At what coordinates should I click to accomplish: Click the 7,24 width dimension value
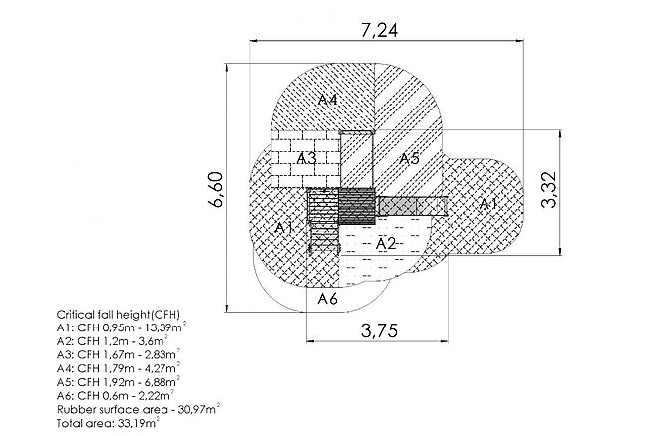click(x=380, y=30)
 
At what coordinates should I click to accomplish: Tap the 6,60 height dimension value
click(x=216, y=189)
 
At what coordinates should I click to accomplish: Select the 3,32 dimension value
click(x=550, y=189)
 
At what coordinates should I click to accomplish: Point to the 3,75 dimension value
click(x=380, y=330)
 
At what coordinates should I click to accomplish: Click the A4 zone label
click(x=327, y=99)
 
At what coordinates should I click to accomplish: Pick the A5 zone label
click(x=409, y=158)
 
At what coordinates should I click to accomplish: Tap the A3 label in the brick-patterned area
click(x=307, y=158)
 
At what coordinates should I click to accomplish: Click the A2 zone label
click(x=385, y=244)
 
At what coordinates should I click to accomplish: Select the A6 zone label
click(x=327, y=299)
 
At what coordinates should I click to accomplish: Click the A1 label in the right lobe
click(x=487, y=203)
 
